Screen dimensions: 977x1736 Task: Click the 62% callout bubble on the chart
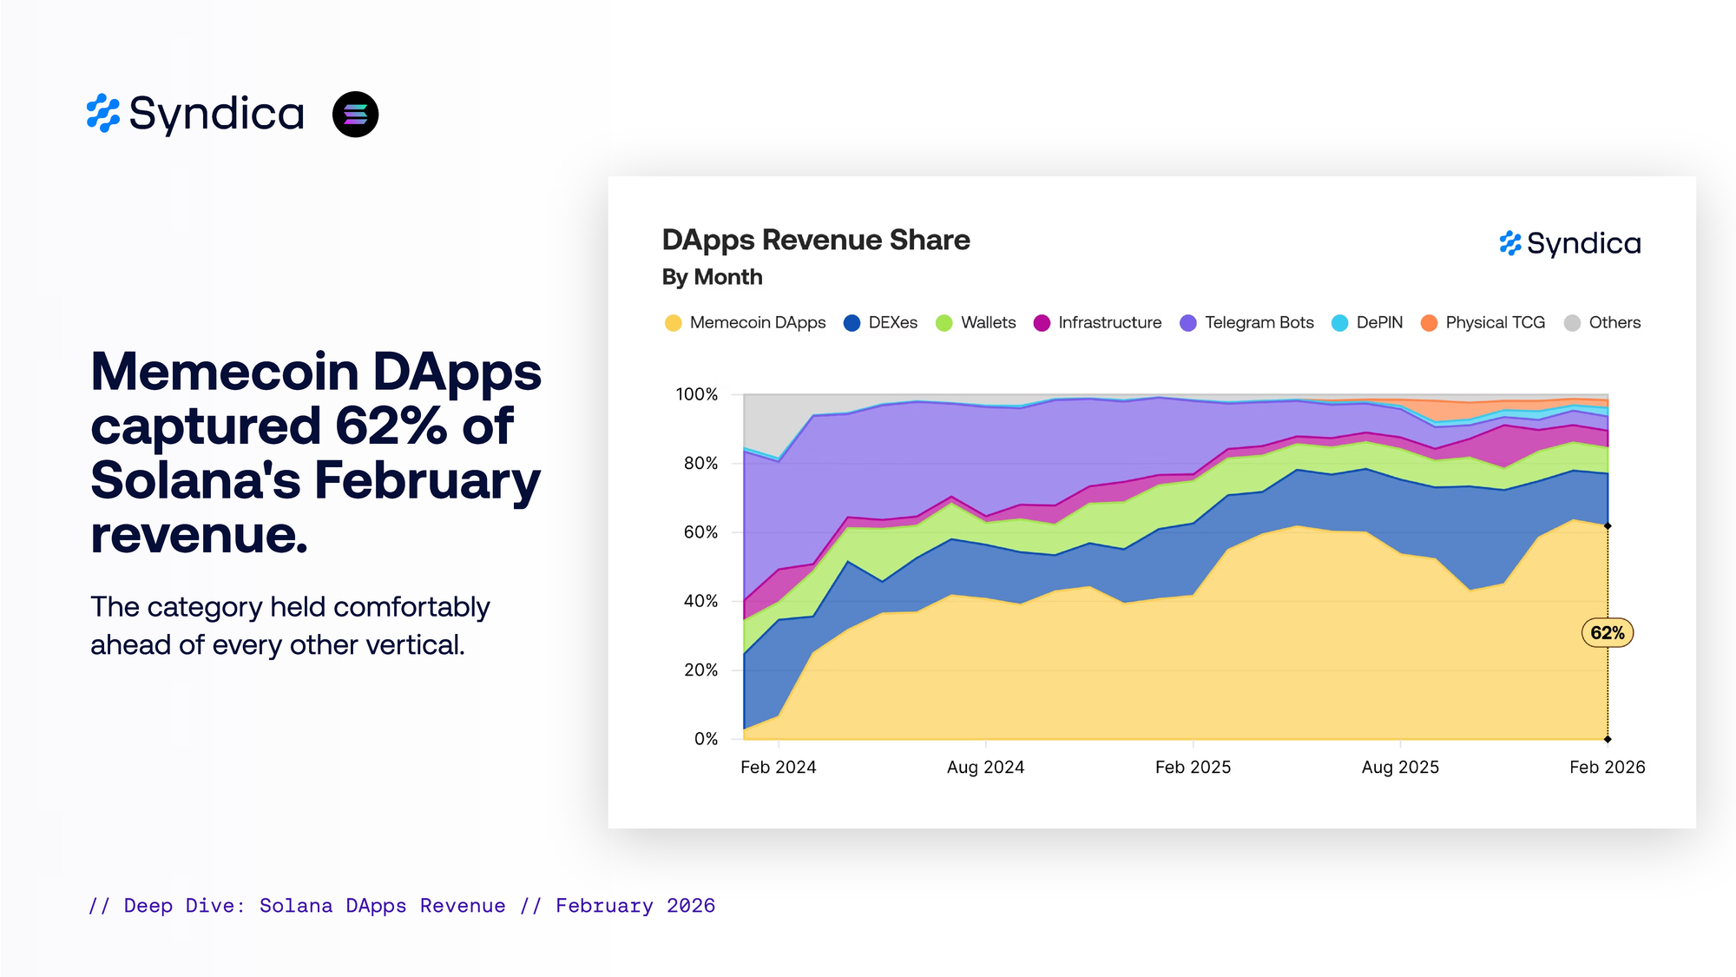pos(1607,633)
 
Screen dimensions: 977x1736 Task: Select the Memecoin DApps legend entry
pos(746,323)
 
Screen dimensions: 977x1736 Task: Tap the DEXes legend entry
pos(881,323)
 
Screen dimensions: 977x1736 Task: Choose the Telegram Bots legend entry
pos(1247,323)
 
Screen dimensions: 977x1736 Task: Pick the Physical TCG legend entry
pos(1483,323)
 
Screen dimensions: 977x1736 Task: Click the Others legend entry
pos(1603,323)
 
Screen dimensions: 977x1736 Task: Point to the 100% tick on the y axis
pos(697,394)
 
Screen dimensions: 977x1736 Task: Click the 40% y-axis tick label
pos(700,601)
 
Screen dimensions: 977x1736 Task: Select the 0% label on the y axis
pos(706,739)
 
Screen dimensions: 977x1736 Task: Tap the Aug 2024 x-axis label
pos(985,768)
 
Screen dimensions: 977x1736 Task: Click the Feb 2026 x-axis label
pos(1607,768)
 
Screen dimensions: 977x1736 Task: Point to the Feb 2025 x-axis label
pos(1193,768)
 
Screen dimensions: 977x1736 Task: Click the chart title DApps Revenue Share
pos(816,241)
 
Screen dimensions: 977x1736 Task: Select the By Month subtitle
pos(712,277)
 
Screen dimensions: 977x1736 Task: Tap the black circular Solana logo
pos(355,115)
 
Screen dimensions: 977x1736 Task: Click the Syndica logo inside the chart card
pos(1570,244)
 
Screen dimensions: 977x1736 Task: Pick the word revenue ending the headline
pos(199,535)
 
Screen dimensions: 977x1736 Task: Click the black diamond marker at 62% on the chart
pos(1608,526)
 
